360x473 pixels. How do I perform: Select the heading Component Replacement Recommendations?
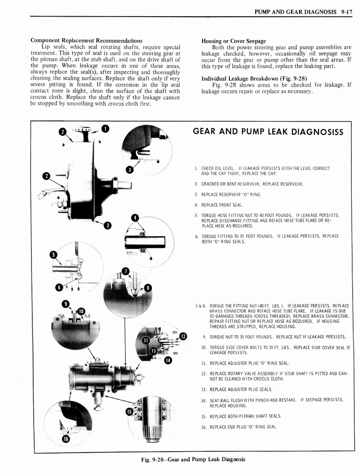point(86,41)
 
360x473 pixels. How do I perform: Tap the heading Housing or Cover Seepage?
point(234,41)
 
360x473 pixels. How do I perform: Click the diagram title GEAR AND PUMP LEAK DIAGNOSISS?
point(268,132)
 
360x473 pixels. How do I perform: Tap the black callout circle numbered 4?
point(135,218)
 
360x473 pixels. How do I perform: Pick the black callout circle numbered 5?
point(54,255)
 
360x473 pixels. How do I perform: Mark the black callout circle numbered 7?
point(125,271)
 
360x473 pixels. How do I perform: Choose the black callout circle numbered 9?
point(66,303)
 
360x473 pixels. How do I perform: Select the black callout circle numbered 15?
point(130,412)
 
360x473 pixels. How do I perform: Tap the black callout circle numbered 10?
point(81,311)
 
